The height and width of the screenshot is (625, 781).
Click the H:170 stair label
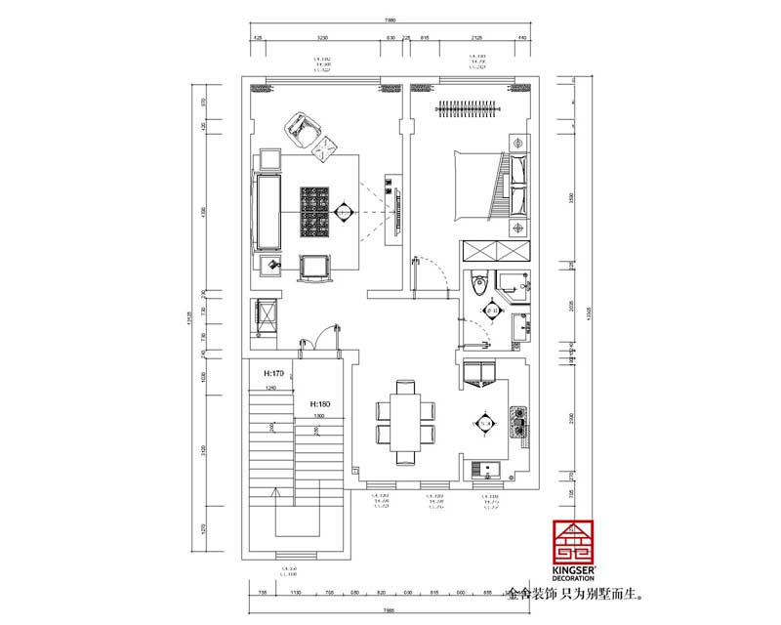pos(272,373)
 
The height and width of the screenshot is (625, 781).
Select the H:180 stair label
pos(323,403)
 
